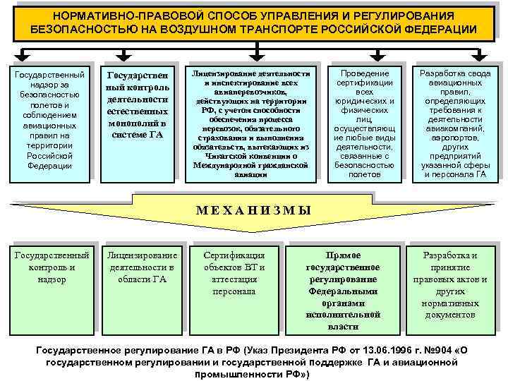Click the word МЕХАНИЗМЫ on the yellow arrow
pos(253,210)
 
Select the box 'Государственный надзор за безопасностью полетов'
pos(49,120)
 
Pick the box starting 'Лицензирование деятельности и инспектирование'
pos(251,119)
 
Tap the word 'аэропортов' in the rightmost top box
pos(455,138)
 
